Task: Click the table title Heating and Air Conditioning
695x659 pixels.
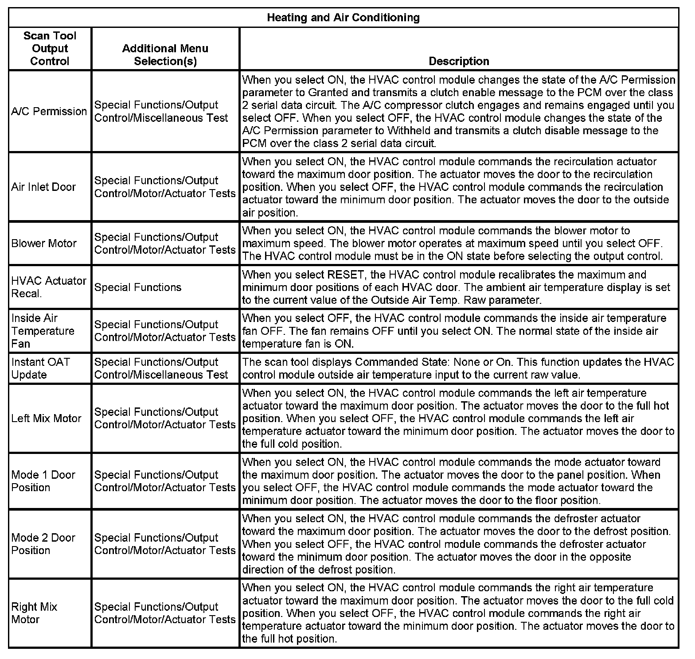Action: click(x=343, y=18)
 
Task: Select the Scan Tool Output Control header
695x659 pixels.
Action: click(x=50, y=48)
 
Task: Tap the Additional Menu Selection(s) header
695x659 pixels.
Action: click(x=165, y=54)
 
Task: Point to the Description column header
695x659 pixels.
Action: click(x=459, y=61)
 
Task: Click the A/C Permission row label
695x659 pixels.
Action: click(x=49, y=111)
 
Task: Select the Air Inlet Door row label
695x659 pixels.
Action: click(x=43, y=187)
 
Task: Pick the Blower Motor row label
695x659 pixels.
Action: click(x=44, y=243)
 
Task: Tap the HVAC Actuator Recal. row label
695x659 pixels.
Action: click(x=49, y=287)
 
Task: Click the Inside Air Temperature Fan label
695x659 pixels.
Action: click(x=43, y=331)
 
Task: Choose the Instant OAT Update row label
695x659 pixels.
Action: click(x=41, y=368)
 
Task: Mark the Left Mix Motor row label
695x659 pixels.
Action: click(x=47, y=418)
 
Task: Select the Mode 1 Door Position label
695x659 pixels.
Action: click(x=43, y=481)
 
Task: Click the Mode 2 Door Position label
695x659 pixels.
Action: click(x=43, y=544)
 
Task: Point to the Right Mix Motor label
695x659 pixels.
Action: click(x=34, y=613)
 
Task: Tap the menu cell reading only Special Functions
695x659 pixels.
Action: click(x=138, y=287)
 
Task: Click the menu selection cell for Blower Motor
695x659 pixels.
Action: click(x=165, y=243)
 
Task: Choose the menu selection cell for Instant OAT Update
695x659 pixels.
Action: click(x=161, y=368)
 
